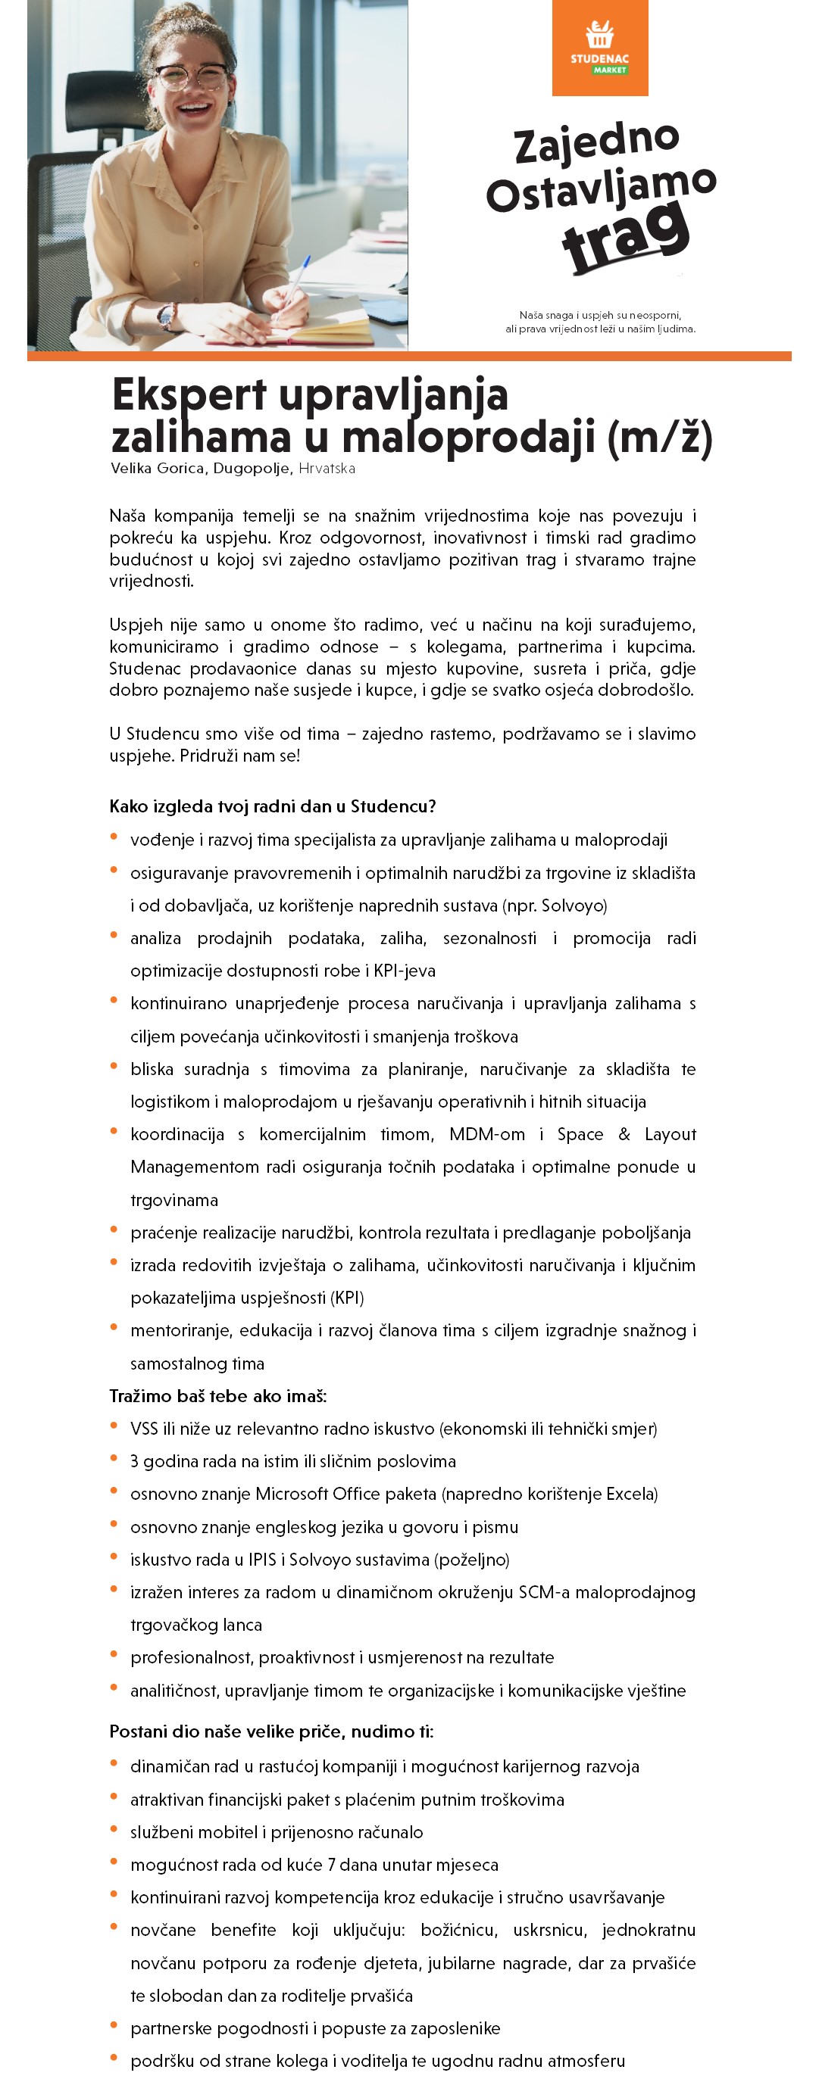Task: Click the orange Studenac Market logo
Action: tap(599, 48)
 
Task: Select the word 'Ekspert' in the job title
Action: tap(189, 395)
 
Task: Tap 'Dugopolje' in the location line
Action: tap(251, 469)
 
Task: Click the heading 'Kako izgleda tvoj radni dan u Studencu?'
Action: tap(273, 806)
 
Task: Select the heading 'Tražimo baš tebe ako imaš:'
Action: tap(218, 1396)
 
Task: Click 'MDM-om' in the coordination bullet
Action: tap(486, 1134)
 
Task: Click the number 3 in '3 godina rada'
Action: tap(134, 1461)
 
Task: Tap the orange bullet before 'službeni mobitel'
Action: tap(114, 1830)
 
